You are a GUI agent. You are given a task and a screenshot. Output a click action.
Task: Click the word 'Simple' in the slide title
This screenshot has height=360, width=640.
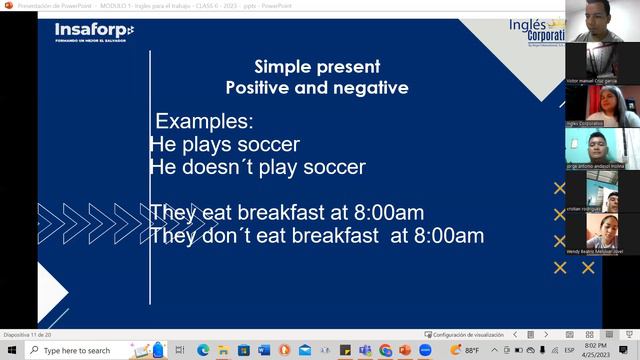pyautogui.click(x=283, y=67)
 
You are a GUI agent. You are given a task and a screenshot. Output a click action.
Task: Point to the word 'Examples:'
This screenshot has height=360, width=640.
pyautogui.click(x=205, y=123)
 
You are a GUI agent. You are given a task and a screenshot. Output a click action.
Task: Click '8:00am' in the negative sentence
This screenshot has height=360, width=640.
pyautogui.click(x=449, y=236)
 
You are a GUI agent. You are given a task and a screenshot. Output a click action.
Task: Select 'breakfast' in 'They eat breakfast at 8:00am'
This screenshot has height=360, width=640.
pyautogui.click(x=277, y=213)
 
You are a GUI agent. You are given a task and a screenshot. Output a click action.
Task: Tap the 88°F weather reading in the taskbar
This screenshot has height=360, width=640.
pyautogui.click(x=471, y=350)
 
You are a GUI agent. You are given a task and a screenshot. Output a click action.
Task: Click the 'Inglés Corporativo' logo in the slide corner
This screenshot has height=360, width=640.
pyautogui.click(x=540, y=30)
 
